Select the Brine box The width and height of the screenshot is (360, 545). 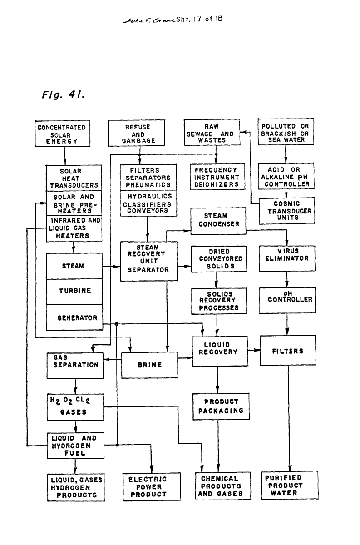point(149,364)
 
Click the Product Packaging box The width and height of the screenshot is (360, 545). point(221,406)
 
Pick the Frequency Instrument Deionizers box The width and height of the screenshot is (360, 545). point(217,178)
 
